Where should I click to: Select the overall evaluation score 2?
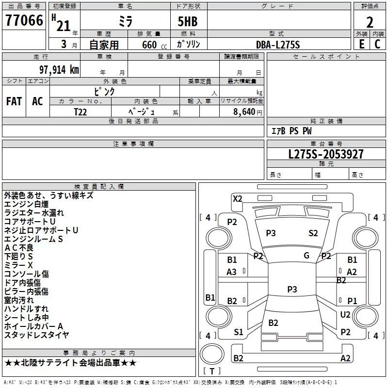coord(370,22)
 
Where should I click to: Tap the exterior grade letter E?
coord(362,44)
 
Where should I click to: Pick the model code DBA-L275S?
coord(278,44)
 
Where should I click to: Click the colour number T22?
coord(81,111)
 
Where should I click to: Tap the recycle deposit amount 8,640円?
coord(247,112)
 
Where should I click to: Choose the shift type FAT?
coord(14,101)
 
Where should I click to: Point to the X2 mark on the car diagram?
coord(237,199)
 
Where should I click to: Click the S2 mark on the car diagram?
coord(313,233)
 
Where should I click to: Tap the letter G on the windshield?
coord(307,256)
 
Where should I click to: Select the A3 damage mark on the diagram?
coord(232,272)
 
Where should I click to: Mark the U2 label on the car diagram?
coord(345,315)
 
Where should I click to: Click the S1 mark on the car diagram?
coord(239,332)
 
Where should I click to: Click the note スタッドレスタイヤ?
coord(36,335)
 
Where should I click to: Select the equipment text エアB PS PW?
coord(291,131)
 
